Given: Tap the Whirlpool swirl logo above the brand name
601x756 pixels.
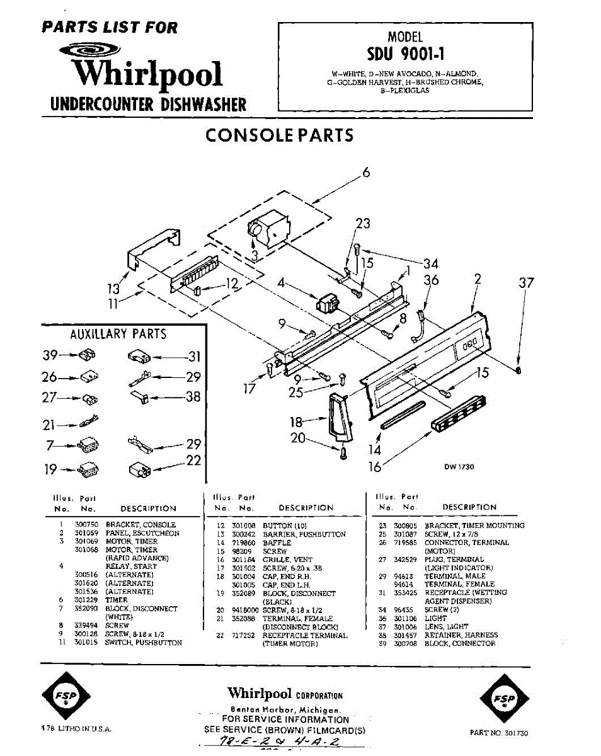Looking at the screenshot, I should click(90, 51).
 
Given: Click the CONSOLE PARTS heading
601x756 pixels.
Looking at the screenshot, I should click(280, 135).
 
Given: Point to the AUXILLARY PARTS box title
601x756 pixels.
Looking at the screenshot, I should click(118, 335).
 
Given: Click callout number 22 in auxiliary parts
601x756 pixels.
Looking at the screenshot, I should click(193, 461).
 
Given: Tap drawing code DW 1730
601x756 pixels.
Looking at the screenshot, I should click(459, 467).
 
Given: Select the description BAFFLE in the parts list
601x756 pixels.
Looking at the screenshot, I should click(277, 542).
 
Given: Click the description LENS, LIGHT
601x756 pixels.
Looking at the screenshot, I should click(445, 627).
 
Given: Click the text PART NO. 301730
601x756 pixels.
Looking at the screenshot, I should click(499, 733).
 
